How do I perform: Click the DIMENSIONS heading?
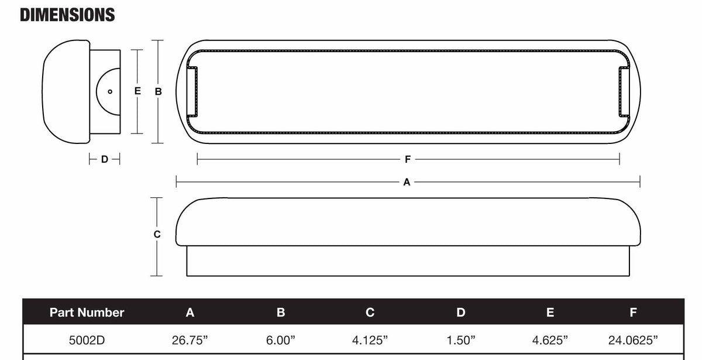[x=67, y=15]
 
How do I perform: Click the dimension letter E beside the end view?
[x=137, y=91]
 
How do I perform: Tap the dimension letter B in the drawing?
[x=158, y=91]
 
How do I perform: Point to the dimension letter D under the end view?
[x=104, y=159]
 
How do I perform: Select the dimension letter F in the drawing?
[x=408, y=159]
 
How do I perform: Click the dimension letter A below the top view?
[x=407, y=182]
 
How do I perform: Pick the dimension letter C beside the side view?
[x=157, y=234]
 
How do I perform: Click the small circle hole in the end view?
[x=110, y=91]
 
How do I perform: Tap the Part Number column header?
[x=87, y=313]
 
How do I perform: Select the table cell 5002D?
[x=87, y=340]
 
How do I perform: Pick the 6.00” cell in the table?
[x=281, y=340]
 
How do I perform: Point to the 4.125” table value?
[x=370, y=340]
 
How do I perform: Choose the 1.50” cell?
[x=461, y=340]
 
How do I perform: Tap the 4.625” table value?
[x=550, y=340]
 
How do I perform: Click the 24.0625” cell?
[x=633, y=340]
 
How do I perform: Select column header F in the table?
[x=633, y=313]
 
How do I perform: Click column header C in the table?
[x=370, y=313]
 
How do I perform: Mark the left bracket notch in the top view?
[x=192, y=91]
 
